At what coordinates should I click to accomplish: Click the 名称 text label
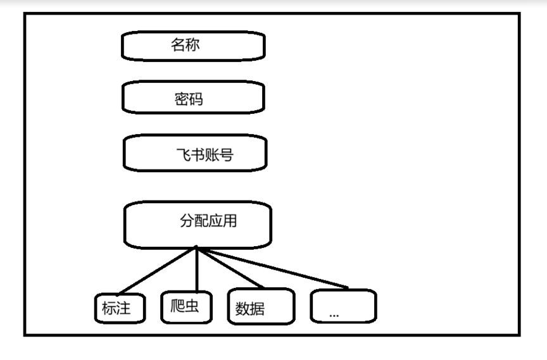point(185,46)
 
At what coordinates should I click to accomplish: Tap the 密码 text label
point(189,99)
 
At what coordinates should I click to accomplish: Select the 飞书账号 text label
point(204,154)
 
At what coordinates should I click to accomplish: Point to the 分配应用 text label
point(208,221)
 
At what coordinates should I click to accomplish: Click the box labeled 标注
point(120,309)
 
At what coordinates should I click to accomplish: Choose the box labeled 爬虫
point(185,306)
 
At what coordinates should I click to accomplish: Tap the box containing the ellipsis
point(343,306)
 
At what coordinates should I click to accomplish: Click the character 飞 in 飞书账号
point(182,154)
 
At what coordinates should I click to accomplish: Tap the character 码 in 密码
point(196,99)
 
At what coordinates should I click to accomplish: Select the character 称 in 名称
point(192,46)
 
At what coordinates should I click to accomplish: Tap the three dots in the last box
point(334,314)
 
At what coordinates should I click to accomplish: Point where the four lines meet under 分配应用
point(197,247)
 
